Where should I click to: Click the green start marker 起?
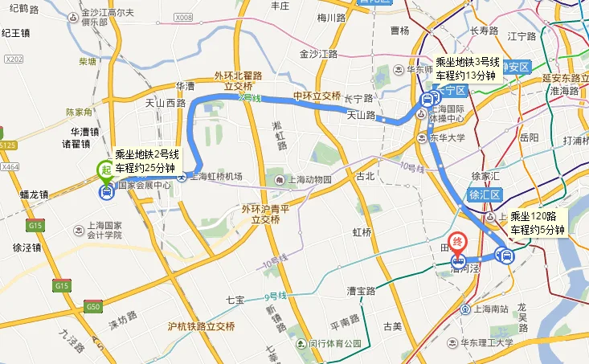click(x=104, y=170)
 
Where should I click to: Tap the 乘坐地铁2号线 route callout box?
click(x=145, y=161)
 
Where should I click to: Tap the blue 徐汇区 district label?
click(x=485, y=195)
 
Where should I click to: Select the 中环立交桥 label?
click(x=317, y=95)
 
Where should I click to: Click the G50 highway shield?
click(x=94, y=306)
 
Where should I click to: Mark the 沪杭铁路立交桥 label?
click(x=201, y=327)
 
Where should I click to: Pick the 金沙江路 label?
click(x=318, y=55)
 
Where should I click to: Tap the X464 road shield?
click(x=10, y=166)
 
